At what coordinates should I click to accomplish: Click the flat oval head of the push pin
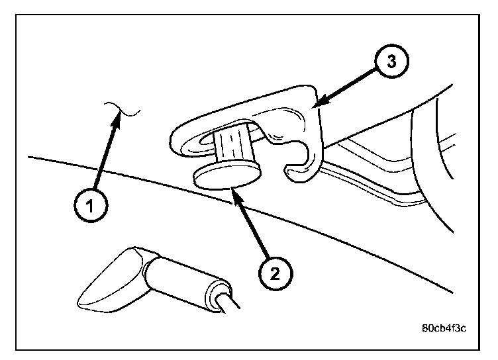point(225,177)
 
